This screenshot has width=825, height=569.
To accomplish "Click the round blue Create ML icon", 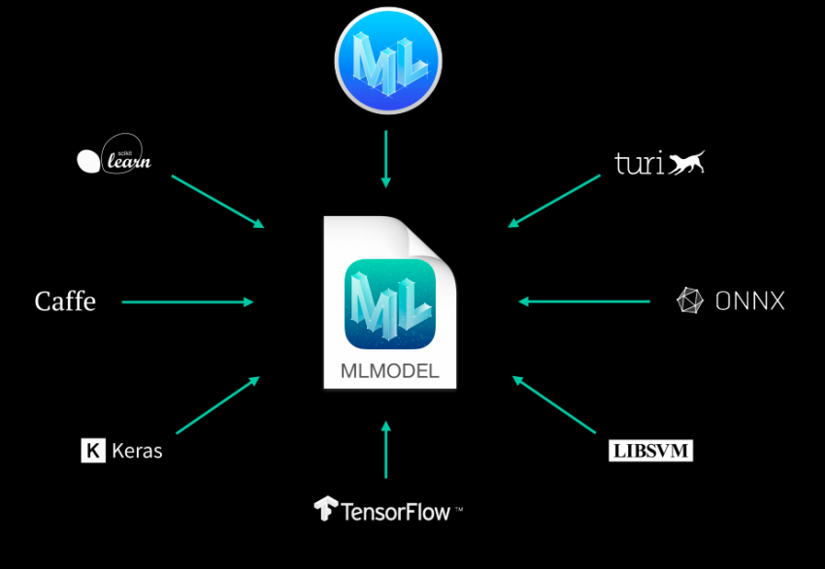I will point(388,61).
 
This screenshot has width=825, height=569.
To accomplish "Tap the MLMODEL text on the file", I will point(389,370).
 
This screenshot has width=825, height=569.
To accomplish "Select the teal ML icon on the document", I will point(389,303).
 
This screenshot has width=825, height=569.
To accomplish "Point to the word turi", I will point(640,163).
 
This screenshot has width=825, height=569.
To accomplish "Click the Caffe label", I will point(65,301).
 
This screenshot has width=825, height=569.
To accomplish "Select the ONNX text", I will point(749,301).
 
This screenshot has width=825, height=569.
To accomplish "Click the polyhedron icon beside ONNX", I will point(690,300).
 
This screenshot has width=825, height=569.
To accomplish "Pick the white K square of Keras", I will point(93,451).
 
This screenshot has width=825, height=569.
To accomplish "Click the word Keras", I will point(137,451).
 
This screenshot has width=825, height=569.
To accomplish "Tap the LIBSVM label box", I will point(650,451).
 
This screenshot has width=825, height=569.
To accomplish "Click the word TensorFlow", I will point(397,511).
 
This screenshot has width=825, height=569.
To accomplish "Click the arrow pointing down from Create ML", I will point(386,159).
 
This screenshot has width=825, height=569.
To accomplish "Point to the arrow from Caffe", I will point(186,302).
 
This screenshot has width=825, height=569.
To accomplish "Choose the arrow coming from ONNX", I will point(584,301).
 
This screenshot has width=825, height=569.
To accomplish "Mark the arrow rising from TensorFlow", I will point(386,450).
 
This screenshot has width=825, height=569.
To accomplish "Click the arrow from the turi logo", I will point(554,202).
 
